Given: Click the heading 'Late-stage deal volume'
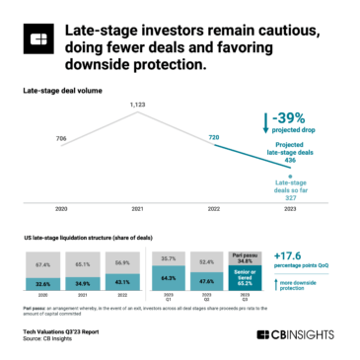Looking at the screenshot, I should [61, 90].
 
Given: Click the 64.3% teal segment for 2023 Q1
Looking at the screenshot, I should [168, 278].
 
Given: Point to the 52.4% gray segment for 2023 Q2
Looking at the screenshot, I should [208, 261].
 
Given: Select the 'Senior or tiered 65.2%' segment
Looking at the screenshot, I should [247, 277].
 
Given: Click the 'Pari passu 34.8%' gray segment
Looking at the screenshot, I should [247, 258].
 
